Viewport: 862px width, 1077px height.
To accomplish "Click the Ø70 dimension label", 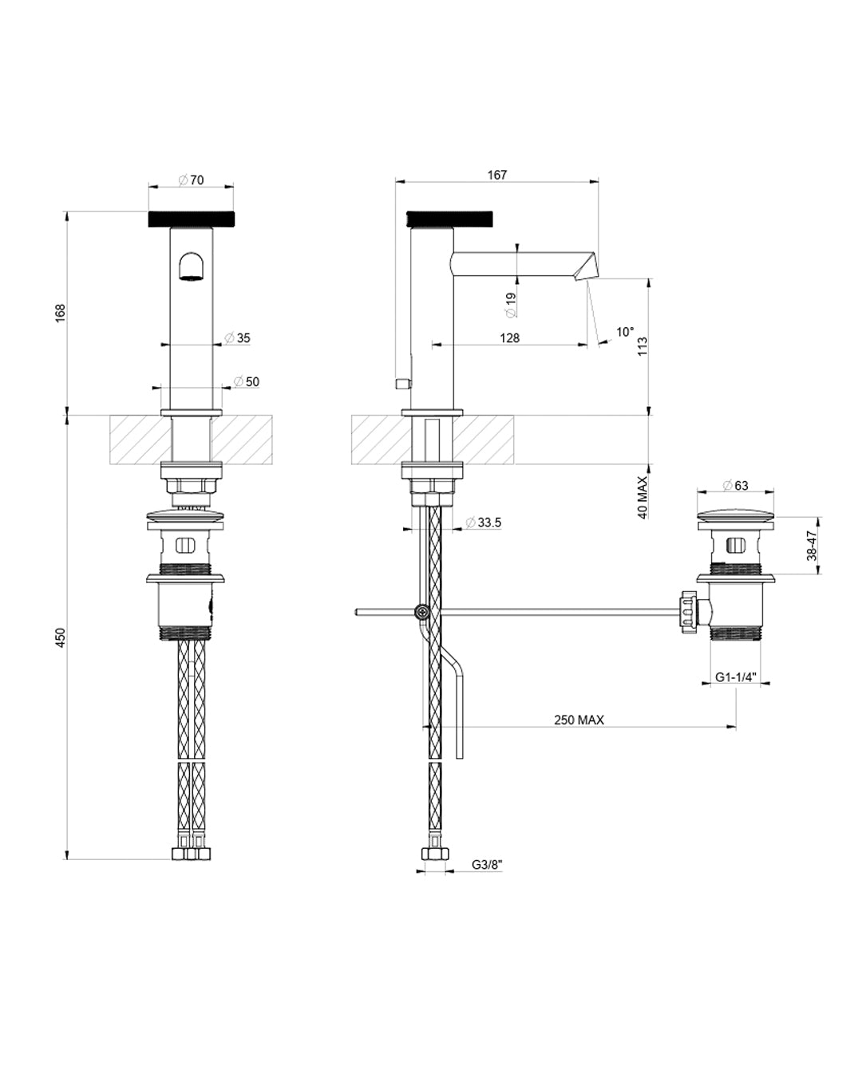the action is [x=192, y=179].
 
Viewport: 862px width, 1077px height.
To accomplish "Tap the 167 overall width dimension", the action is [x=497, y=175].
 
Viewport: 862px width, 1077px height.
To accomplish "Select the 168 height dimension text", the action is [x=61, y=313].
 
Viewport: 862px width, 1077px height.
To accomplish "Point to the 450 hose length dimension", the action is [x=61, y=637].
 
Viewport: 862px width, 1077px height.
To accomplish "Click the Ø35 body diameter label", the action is [x=237, y=337].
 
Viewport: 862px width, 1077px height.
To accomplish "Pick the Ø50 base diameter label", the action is [x=247, y=381].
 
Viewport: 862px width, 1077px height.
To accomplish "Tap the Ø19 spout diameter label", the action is [x=511, y=305].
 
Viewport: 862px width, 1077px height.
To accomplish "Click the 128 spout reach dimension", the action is [x=509, y=337].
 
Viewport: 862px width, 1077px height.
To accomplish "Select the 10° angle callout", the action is [x=625, y=332].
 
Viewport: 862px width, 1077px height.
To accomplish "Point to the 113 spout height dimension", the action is [x=643, y=346].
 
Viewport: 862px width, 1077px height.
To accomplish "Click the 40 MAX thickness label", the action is [x=643, y=497].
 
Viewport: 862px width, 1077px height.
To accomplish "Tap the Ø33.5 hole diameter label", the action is [x=484, y=523].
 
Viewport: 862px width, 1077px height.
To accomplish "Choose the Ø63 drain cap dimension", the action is [x=735, y=485].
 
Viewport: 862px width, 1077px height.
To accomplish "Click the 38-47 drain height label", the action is [x=812, y=546].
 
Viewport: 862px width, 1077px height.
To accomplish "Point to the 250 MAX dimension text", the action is [x=579, y=720].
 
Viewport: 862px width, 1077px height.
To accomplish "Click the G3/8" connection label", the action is [x=487, y=864].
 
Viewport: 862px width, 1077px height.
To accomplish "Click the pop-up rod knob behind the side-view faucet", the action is [x=404, y=384].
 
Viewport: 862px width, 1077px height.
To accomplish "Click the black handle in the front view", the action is [x=192, y=219].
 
